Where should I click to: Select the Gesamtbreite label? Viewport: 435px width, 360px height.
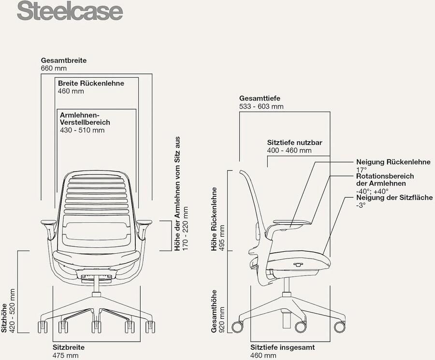click(x=64, y=60)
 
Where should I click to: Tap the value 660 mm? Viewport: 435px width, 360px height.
click(x=54, y=69)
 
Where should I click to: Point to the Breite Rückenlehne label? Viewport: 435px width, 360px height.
click(x=91, y=83)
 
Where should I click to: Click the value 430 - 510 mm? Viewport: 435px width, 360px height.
click(x=82, y=130)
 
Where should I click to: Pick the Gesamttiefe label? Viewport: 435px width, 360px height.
click(x=260, y=99)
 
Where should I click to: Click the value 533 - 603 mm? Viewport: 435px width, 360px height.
click(x=261, y=106)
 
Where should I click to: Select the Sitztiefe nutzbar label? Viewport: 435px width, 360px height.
click(x=294, y=143)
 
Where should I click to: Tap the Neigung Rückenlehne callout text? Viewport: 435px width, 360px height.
click(x=393, y=162)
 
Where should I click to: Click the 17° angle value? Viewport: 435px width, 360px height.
click(x=361, y=170)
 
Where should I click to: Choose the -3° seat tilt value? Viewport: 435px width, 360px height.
click(x=361, y=205)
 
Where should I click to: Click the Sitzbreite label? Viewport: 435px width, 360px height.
click(x=68, y=347)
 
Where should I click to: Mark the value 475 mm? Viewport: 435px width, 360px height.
click(x=65, y=356)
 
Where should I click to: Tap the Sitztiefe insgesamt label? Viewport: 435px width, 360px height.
click(x=282, y=347)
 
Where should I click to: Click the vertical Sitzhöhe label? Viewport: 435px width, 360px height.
click(x=4, y=317)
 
